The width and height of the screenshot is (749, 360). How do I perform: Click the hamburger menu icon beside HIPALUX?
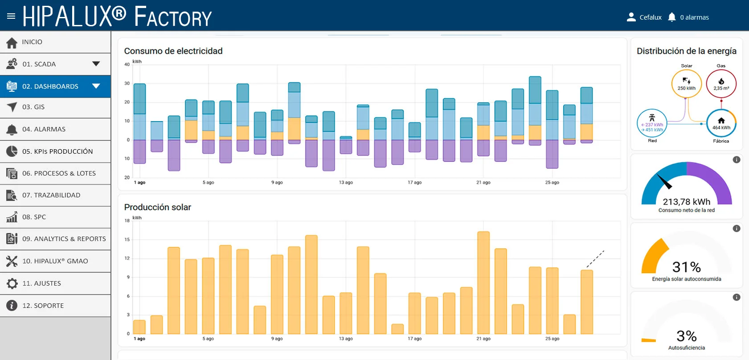point(11,16)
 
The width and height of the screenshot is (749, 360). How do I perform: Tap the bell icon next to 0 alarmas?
point(672,17)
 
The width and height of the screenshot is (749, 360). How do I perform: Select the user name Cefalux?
point(651,17)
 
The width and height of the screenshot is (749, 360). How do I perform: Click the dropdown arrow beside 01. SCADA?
point(96,64)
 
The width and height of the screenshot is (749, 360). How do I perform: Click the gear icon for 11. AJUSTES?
point(12,283)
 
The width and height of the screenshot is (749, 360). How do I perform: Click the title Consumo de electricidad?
point(173,51)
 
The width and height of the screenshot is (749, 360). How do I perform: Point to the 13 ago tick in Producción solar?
point(346,339)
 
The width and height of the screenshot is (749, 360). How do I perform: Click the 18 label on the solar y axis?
point(127,221)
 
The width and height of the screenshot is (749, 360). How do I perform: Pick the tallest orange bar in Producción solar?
point(483,283)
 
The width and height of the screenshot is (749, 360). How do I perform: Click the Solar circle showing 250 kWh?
point(686,84)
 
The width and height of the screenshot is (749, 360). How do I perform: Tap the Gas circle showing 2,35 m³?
point(721,84)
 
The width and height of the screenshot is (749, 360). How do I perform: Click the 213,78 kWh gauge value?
point(687,202)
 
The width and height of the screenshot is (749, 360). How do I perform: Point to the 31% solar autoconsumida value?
point(687,267)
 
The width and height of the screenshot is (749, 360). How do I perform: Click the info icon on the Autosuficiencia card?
point(736,298)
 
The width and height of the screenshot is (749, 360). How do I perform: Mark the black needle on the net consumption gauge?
point(664,181)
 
